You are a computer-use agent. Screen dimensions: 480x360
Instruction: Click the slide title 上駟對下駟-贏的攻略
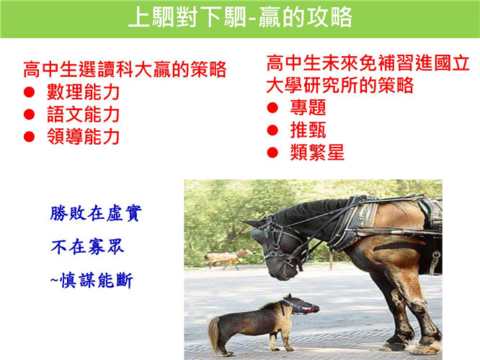(x=240, y=17)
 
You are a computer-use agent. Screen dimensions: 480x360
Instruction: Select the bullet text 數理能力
(x=83, y=91)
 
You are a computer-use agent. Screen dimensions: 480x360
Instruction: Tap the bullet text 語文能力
(x=83, y=114)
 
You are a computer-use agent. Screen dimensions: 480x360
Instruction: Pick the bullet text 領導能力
(x=83, y=136)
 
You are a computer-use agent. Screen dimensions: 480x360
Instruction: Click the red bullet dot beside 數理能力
(x=29, y=91)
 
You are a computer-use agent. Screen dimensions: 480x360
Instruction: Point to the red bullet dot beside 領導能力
(x=29, y=136)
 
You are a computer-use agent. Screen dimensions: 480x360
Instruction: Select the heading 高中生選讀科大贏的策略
(x=125, y=69)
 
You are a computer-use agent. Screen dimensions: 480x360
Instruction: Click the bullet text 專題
(x=308, y=107)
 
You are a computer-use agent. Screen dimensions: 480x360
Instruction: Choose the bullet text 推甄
(x=308, y=130)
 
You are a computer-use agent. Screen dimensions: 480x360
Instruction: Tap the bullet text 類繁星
(x=317, y=153)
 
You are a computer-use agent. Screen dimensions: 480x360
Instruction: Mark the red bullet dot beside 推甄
(x=272, y=130)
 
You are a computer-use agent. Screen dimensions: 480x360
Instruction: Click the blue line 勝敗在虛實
(x=96, y=213)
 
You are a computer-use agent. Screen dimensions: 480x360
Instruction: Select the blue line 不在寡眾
(x=87, y=247)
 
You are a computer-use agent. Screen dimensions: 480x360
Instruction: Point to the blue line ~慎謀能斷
(x=92, y=281)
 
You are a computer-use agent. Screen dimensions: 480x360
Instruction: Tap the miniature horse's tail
(x=214, y=334)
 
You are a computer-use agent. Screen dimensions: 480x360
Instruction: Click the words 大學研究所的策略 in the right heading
(x=339, y=85)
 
